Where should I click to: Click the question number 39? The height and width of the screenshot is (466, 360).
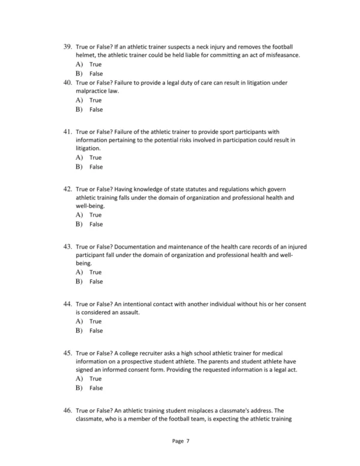[67, 46]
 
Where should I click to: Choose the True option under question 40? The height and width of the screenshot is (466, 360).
[95, 100]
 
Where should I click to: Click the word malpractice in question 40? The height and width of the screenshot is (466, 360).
[90, 91]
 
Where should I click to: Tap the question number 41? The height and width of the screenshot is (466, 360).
[67, 130]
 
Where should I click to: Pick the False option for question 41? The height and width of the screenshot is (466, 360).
[96, 167]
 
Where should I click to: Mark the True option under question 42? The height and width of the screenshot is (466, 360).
[95, 214]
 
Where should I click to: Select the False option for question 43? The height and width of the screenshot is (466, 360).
[96, 282]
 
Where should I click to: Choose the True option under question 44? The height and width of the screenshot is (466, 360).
[95, 321]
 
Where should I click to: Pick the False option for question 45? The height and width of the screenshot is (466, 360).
[96, 388]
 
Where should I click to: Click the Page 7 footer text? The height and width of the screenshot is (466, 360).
[180, 441]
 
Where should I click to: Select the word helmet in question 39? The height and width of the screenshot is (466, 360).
[85, 55]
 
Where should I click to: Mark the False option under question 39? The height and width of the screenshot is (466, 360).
[96, 74]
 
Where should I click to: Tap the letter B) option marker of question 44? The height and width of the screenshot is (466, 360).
[79, 331]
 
